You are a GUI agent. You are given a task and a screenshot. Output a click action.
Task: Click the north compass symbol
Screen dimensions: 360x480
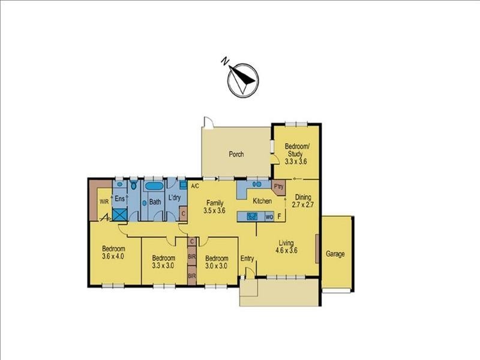(x=242, y=80)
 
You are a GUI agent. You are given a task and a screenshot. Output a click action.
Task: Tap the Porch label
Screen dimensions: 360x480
(x=236, y=154)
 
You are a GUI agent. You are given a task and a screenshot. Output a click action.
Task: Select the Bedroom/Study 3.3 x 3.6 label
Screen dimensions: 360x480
(x=296, y=154)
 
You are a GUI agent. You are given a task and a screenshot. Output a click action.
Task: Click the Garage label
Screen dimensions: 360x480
(x=335, y=254)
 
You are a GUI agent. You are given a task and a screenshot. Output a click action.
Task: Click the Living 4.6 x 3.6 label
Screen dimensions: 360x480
(x=286, y=247)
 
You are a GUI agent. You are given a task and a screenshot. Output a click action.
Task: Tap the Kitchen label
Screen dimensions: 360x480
(x=262, y=201)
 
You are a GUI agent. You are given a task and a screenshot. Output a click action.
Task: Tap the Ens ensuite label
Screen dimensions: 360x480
(x=120, y=197)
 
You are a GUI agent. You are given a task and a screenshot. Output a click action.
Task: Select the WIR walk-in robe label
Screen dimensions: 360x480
(x=103, y=202)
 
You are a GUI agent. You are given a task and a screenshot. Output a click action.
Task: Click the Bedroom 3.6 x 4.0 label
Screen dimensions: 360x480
(x=113, y=253)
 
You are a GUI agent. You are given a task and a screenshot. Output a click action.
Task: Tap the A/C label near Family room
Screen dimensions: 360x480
(x=195, y=186)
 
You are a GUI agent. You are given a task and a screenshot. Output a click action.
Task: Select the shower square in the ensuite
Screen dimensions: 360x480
(x=119, y=214)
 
